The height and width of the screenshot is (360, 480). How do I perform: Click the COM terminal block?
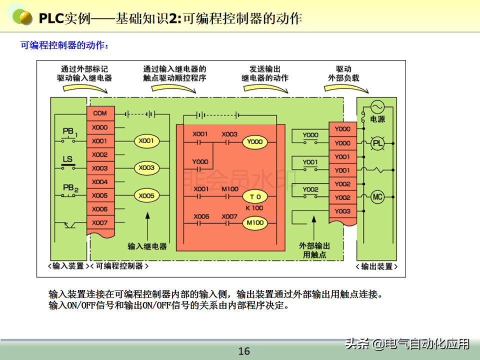pyautogui.click(x=100, y=113)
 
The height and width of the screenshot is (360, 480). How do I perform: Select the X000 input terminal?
pyautogui.click(x=100, y=127)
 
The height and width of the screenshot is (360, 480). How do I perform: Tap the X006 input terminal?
pyautogui.click(x=100, y=209)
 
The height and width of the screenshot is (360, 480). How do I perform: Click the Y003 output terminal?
pyautogui.click(x=342, y=211)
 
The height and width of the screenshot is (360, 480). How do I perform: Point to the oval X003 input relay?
pyautogui.click(x=146, y=168)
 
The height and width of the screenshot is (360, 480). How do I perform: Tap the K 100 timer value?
pyautogui.click(x=254, y=207)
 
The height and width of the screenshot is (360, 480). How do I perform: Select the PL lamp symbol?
pyautogui.click(x=377, y=143)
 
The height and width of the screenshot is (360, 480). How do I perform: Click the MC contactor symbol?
pyautogui.click(x=377, y=197)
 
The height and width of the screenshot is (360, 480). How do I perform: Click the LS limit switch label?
pyautogui.click(x=67, y=159)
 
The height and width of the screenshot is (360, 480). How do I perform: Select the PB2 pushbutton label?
pyautogui.click(x=70, y=188)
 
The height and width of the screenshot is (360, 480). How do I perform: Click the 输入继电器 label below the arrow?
pyautogui.click(x=147, y=246)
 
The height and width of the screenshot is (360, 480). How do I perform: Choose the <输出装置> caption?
pyautogui.click(x=379, y=266)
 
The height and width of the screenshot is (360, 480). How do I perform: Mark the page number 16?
pyautogui.click(x=244, y=351)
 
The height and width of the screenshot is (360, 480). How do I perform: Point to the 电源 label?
pyautogui.click(x=377, y=120)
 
